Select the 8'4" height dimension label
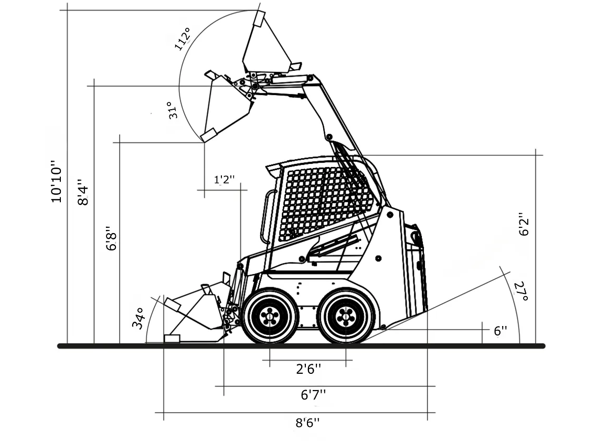click(84, 193)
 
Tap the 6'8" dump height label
click(111, 238)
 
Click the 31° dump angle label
click(173, 110)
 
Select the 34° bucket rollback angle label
click(138, 318)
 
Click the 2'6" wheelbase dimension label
click(308, 369)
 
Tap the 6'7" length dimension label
click(313, 394)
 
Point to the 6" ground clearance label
click(500, 331)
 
